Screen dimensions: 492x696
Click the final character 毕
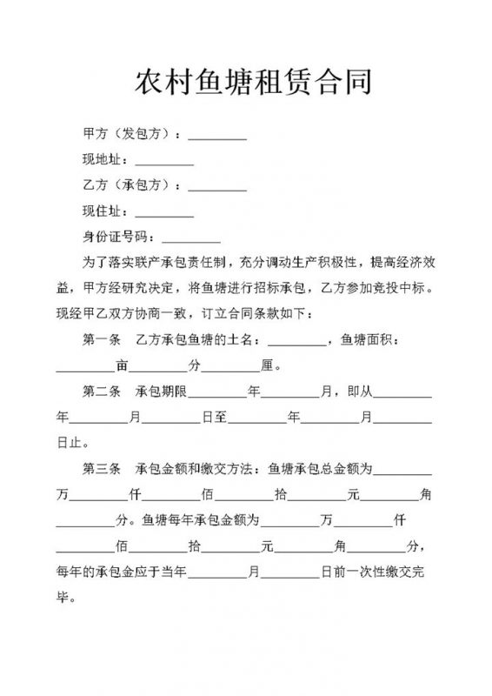(x=63, y=599)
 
